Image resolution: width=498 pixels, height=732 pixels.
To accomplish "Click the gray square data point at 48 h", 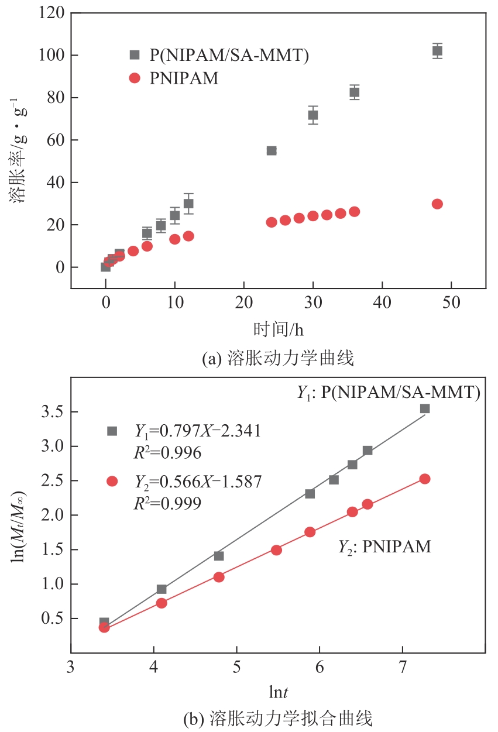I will pyautogui.click(x=437, y=51).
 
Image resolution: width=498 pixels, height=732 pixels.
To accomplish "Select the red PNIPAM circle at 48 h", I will pyautogui.click(x=437, y=204).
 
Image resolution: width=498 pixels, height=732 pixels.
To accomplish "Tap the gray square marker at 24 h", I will pyautogui.click(x=272, y=150).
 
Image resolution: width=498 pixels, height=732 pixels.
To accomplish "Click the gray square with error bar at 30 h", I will pyautogui.click(x=313, y=115).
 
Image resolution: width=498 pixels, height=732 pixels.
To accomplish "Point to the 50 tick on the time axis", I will pyautogui.click(x=451, y=304).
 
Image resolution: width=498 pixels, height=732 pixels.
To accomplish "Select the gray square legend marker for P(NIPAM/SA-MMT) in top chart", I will pyautogui.click(x=135, y=55).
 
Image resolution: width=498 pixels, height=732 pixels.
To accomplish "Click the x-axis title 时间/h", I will pyautogui.click(x=279, y=329).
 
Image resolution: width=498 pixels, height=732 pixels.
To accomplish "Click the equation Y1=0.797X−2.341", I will pyautogui.click(x=198, y=431).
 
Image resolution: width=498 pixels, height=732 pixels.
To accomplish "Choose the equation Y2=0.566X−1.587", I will pyautogui.click(x=198, y=481).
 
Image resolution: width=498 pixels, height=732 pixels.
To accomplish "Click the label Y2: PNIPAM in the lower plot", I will pyautogui.click(x=384, y=547).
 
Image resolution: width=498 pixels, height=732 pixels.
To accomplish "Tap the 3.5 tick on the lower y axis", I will pyautogui.click(x=51, y=412).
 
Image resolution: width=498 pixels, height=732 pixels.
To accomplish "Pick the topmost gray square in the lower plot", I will pyautogui.click(x=425, y=408).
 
